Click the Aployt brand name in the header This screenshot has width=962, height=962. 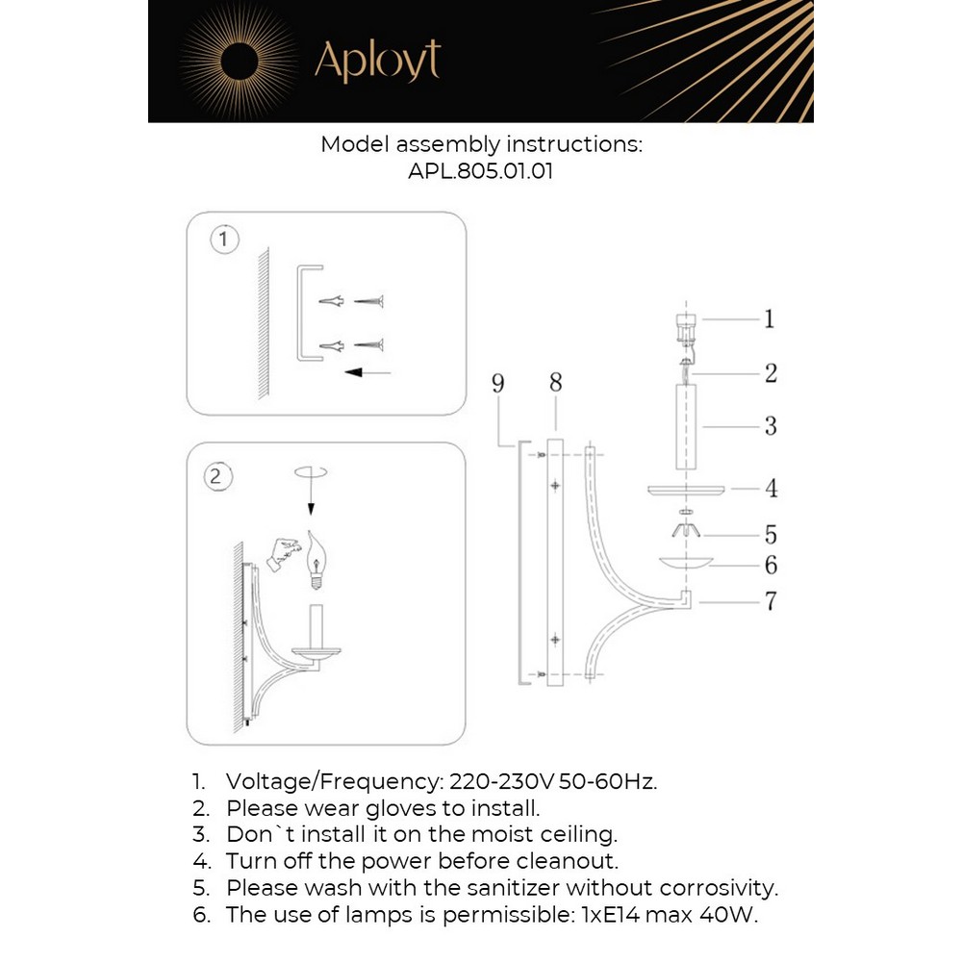(x=377, y=62)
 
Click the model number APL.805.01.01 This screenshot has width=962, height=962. (x=480, y=173)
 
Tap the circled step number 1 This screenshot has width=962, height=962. (x=224, y=239)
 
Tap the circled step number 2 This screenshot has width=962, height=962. (x=217, y=475)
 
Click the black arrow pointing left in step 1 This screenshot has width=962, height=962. (x=367, y=371)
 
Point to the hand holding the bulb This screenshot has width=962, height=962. (x=283, y=552)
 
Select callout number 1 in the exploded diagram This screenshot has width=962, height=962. (x=769, y=318)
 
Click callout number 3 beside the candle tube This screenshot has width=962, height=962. (x=770, y=425)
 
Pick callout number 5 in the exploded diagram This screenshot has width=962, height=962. (x=770, y=535)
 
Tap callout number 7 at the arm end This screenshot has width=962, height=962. (x=770, y=601)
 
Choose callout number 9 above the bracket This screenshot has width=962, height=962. (x=497, y=384)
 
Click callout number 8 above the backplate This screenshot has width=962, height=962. (x=555, y=384)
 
